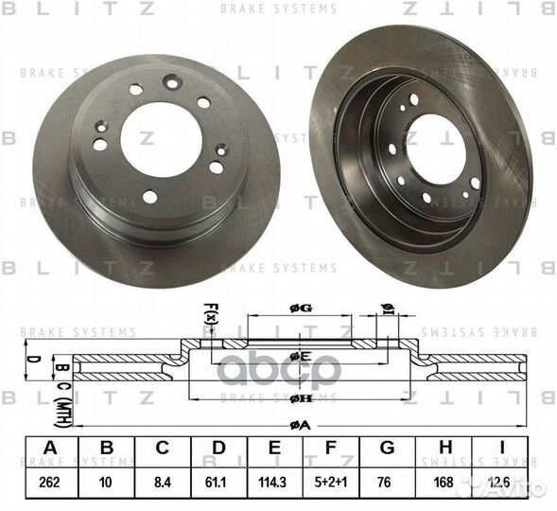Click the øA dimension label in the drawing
pyautogui.click(x=300, y=426)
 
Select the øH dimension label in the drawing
pyautogui.click(x=300, y=398)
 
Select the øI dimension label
pyautogui.click(x=388, y=306)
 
